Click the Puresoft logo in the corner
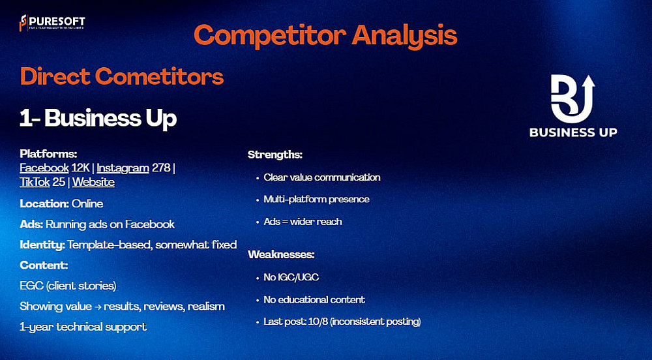[x=52, y=23]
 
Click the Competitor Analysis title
[x=325, y=36]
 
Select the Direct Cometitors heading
[x=122, y=76]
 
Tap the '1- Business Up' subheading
[x=98, y=119]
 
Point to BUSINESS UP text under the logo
[x=573, y=132]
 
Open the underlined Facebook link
[x=44, y=168]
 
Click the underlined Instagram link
[x=123, y=168]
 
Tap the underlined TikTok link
[x=35, y=182]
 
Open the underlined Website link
[x=93, y=182]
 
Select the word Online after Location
[x=87, y=203]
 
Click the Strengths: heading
[x=275, y=155]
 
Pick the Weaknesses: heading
[x=281, y=254]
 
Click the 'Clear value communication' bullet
[x=322, y=177]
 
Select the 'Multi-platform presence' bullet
[x=316, y=200]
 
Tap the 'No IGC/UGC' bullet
[x=291, y=277]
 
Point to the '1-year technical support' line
[x=83, y=327]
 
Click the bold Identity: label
[x=42, y=245]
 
